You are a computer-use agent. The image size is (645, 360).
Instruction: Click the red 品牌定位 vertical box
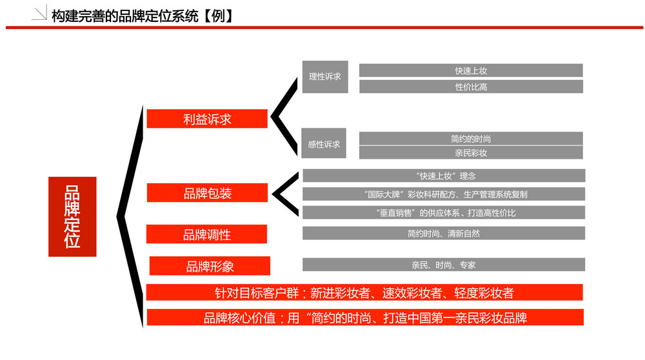(72, 217)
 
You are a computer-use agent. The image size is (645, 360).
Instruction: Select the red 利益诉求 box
(207, 119)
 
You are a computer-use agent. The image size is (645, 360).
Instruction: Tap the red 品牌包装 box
(207, 192)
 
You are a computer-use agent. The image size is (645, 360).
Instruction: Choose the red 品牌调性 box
(206, 234)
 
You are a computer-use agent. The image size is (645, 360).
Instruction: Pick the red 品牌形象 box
(210, 266)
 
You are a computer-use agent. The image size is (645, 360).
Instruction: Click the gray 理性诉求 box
(325, 77)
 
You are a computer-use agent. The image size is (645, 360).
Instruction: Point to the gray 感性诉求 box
(324, 143)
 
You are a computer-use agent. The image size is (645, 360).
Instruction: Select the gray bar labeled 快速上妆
(471, 70)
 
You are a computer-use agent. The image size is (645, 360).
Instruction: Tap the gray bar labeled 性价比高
(471, 86)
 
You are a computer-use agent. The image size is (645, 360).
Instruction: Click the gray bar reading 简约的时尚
(471, 139)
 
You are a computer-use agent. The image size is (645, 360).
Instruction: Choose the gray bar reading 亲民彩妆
(471, 153)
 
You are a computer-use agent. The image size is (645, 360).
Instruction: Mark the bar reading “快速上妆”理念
(444, 175)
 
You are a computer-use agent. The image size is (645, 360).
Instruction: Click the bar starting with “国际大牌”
(444, 194)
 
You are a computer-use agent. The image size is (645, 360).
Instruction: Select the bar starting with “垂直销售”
(444, 212)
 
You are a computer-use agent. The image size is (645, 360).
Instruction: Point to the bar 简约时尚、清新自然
(444, 233)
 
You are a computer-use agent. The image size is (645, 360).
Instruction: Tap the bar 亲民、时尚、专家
(444, 265)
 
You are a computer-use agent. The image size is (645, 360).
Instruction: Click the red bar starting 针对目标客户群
(364, 292)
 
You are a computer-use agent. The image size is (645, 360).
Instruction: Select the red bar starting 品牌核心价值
(365, 317)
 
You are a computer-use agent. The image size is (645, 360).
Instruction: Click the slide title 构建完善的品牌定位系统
(125, 16)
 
